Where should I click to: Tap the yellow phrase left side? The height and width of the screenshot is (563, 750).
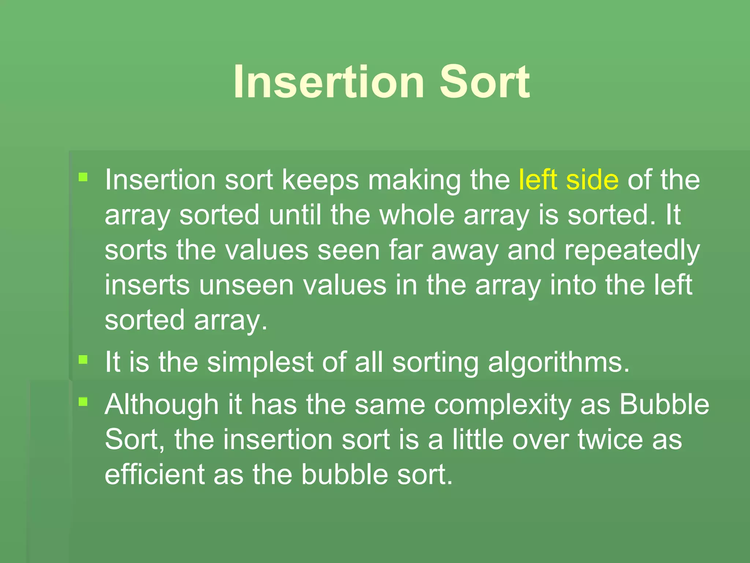click(x=568, y=180)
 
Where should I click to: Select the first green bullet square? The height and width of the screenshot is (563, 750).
click(x=83, y=178)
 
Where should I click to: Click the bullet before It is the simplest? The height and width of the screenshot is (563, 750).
click(x=83, y=360)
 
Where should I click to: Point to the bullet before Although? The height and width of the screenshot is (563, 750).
click(x=83, y=402)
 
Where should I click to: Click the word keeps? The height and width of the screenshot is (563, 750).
click(x=320, y=180)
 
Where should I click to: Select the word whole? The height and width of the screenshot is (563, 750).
click(x=417, y=215)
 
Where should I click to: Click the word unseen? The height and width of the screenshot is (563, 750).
click(x=246, y=285)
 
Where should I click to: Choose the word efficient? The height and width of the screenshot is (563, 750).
click(x=154, y=474)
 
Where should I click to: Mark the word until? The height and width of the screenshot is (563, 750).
click(x=295, y=215)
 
